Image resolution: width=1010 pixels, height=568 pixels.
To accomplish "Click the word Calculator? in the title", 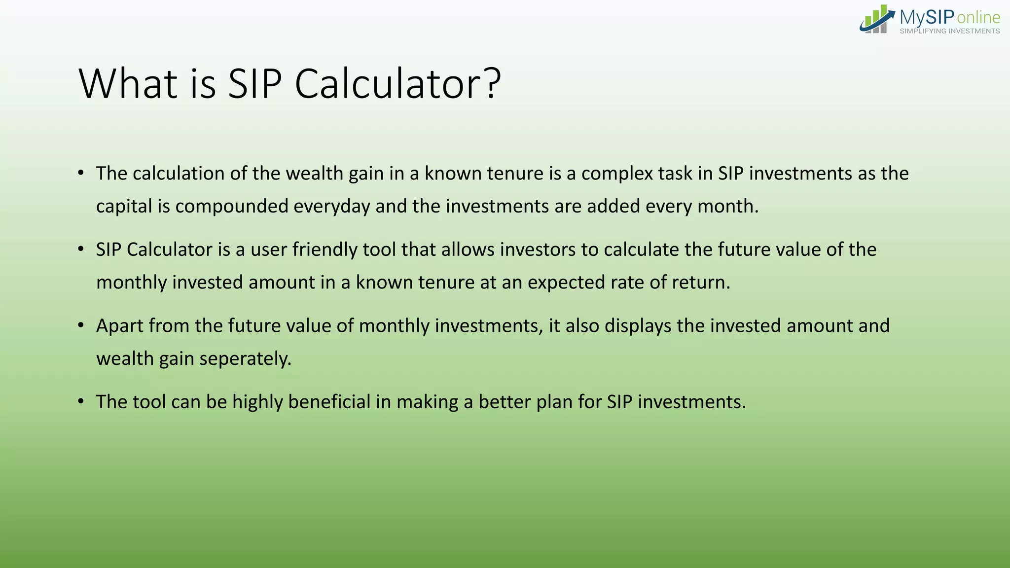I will click(397, 84).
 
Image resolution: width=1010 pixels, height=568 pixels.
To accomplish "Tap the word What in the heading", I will click(128, 84).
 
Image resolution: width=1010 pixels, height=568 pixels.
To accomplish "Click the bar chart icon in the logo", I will click(876, 20).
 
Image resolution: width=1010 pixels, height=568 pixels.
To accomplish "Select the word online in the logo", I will click(978, 18).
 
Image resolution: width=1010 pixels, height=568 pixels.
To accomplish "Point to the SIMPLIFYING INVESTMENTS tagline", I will click(949, 31).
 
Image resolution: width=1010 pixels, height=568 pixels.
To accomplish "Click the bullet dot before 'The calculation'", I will click(81, 173).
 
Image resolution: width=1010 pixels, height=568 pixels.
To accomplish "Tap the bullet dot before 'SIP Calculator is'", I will click(81, 249).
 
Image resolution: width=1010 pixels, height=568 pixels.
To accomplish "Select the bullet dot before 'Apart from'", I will click(81, 325).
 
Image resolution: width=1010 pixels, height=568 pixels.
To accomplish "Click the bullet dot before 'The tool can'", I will click(81, 401).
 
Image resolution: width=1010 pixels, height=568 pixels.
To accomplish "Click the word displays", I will click(638, 326).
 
